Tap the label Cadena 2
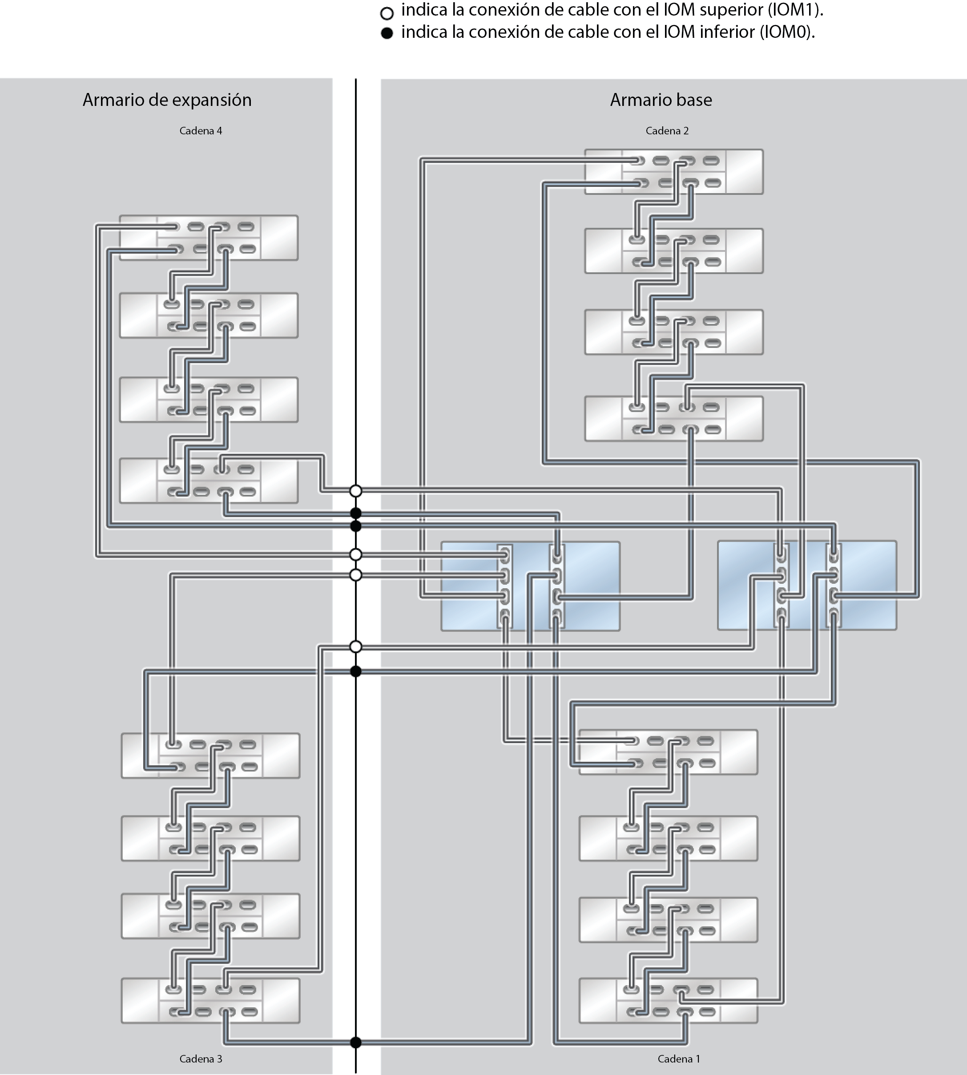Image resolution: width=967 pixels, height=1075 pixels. point(667,131)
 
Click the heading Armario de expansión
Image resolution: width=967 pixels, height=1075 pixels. point(167,100)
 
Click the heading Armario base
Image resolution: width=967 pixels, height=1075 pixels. point(661,100)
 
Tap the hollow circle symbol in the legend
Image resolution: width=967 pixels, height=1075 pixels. point(387,13)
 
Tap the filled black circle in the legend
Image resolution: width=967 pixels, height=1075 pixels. point(387,33)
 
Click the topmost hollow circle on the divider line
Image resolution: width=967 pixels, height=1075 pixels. point(356,490)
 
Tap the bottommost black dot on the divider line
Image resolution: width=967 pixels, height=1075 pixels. point(356,1043)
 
